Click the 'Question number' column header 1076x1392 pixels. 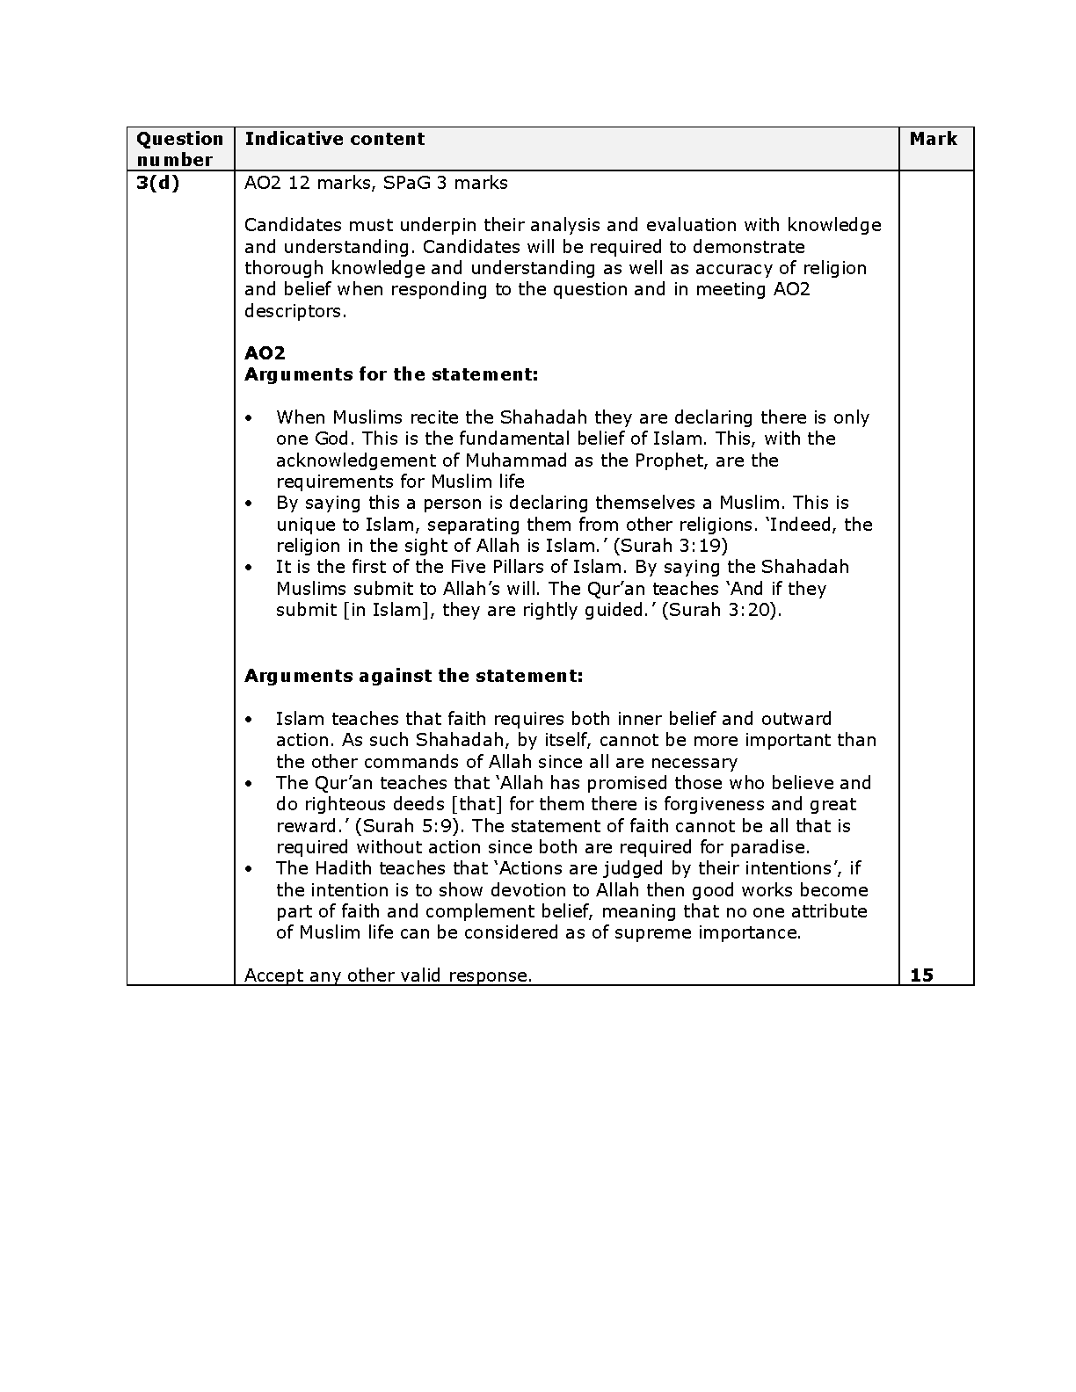pos(179,149)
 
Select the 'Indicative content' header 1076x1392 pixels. pos(334,139)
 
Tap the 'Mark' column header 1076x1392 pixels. pos(933,139)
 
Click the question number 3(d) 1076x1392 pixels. pos(157,183)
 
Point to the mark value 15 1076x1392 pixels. pos(921,975)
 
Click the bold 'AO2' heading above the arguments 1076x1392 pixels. pos(265,353)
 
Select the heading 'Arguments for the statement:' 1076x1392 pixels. pos(391,374)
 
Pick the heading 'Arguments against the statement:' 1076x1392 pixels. pos(413,676)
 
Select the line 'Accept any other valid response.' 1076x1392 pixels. pos(388,975)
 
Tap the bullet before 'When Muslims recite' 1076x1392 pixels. pos(249,417)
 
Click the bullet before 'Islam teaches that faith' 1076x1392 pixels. pos(249,719)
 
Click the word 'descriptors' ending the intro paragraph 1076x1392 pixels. pos(294,311)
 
